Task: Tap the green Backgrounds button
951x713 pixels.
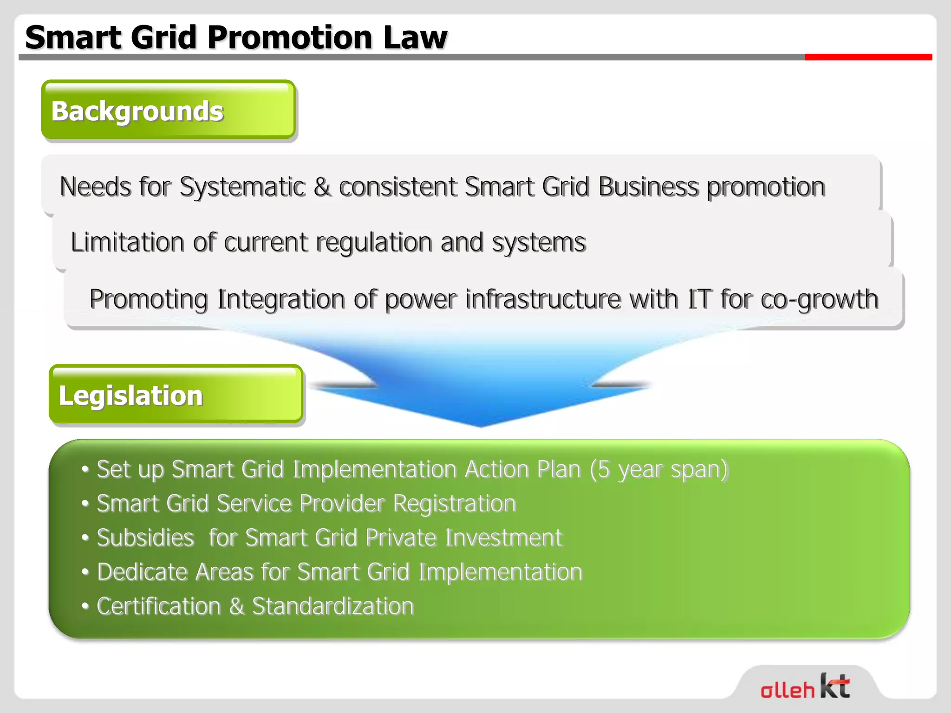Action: (x=168, y=110)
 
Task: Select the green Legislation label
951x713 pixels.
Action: (x=176, y=395)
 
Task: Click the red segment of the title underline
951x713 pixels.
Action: (x=868, y=57)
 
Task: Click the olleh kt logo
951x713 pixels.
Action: (x=805, y=686)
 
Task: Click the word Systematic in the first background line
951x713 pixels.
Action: (x=242, y=187)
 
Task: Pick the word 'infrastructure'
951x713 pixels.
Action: (x=542, y=298)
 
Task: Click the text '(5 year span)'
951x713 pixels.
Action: (x=659, y=469)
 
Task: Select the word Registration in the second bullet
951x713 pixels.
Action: (x=455, y=504)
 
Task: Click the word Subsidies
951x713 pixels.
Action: (x=145, y=538)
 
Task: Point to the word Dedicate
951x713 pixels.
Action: (x=142, y=572)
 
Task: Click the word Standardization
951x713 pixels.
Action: (x=332, y=606)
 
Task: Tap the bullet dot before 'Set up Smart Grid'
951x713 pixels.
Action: (x=85, y=469)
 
